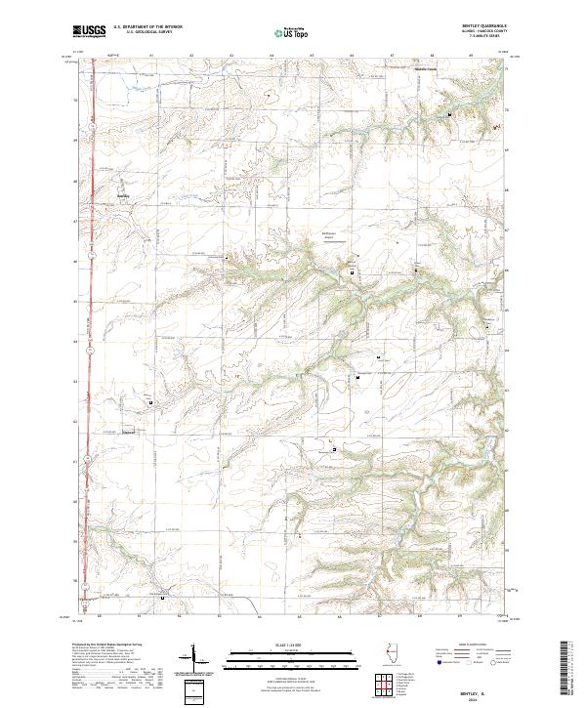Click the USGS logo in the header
click(x=90, y=31)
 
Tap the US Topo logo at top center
click(x=288, y=33)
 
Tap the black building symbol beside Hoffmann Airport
click(x=352, y=274)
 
